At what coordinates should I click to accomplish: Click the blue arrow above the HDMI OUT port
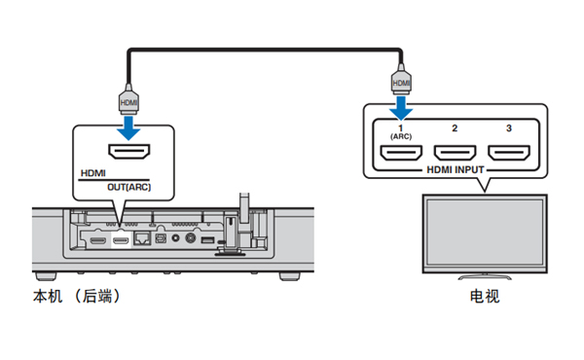[128, 128]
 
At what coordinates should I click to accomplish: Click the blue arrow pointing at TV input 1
[401, 108]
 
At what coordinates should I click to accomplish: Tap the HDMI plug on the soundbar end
[128, 99]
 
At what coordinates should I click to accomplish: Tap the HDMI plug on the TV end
[401, 80]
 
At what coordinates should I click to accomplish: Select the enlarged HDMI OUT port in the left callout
[128, 152]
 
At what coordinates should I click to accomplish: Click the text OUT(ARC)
[128, 187]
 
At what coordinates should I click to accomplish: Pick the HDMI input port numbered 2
[455, 153]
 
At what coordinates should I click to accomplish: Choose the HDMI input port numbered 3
[509, 153]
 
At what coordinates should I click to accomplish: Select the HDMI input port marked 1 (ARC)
[401, 153]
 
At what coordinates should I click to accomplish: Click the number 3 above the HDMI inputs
[509, 128]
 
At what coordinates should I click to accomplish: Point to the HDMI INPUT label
[456, 169]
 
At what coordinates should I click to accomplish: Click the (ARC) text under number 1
[401, 136]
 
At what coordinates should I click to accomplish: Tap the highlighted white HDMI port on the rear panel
[121, 241]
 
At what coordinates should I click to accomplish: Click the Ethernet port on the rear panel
[142, 238]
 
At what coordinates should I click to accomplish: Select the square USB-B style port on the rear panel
[161, 238]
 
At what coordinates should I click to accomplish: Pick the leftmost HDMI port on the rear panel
[98, 241]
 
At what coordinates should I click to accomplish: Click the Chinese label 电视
[484, 297]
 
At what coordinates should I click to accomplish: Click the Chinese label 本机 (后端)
[77, 297]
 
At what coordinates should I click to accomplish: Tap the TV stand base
[485, 276]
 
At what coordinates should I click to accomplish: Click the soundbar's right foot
[289, 276]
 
